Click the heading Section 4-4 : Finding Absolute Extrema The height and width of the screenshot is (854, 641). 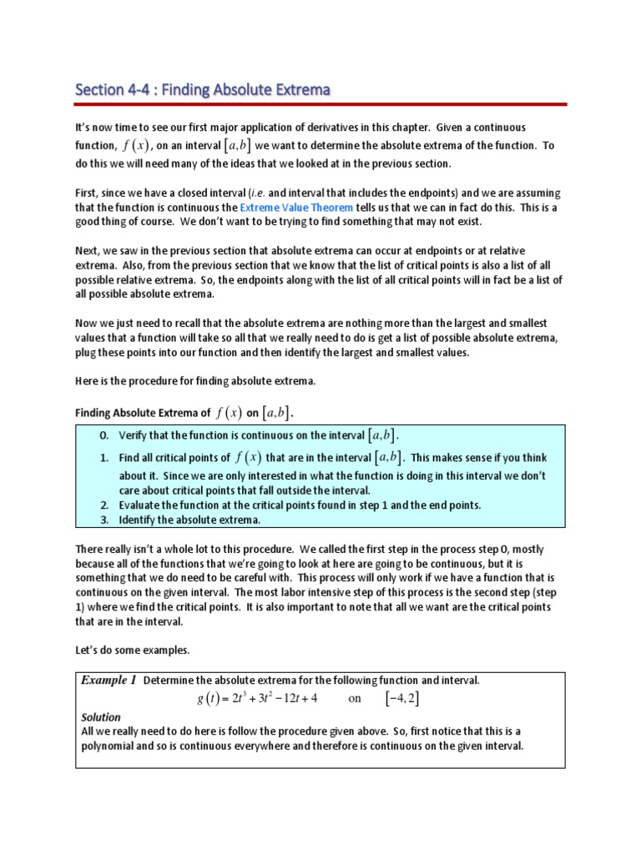(203, 88)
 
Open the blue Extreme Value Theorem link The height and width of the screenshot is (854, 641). (290, 206)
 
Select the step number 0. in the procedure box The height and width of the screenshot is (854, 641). (104, 435)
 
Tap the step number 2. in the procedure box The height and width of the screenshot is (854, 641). (104, 505)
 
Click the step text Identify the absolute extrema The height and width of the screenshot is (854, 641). (189, 520)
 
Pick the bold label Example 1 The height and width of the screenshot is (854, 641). (109, 680)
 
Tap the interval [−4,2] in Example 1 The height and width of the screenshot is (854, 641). (401, 698)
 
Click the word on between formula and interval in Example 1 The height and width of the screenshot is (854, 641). (355, 698)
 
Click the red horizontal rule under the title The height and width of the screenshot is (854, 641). (320, 104)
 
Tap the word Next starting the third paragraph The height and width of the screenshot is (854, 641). (87, 251)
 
